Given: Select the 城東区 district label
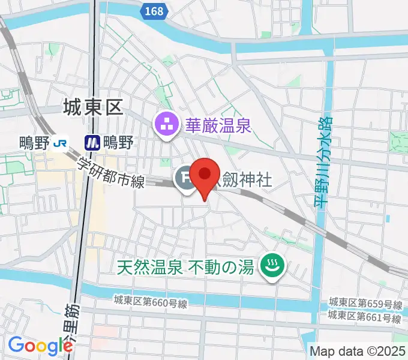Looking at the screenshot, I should pos(92,108).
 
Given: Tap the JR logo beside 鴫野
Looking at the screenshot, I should pos(60,142).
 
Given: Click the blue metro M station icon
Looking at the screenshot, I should pos(92,142).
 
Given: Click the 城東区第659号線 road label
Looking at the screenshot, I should pos(365,304).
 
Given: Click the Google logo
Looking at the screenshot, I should pos(40,345).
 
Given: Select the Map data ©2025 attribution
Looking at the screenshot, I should pos(356,351).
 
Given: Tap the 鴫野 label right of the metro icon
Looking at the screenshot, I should pos(118,142).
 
